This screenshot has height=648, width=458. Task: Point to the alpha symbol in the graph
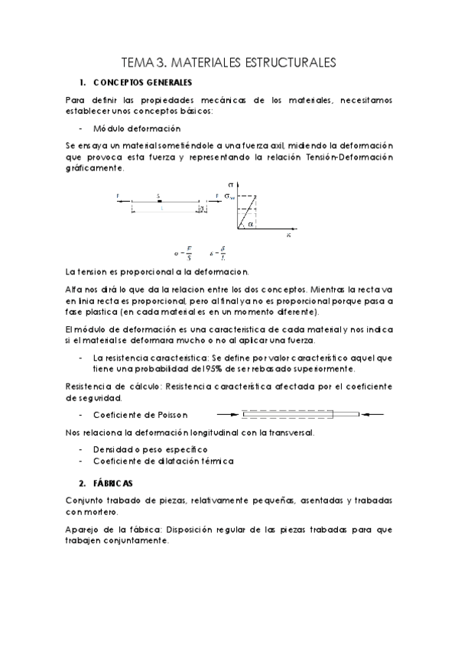[251, 223]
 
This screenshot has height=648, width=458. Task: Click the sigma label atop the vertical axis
[231, 185]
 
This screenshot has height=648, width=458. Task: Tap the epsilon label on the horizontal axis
[289, 236]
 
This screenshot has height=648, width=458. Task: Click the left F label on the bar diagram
[119, 196]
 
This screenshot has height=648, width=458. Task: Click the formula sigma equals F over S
[180, 251]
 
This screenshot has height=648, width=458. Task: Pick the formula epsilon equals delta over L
[219, 251]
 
